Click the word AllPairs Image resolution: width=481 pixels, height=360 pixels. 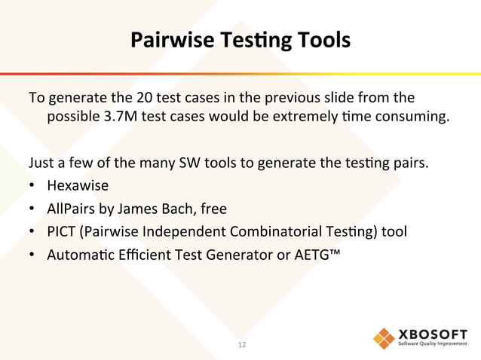point(72,208)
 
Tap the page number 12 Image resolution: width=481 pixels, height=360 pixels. point(242,345)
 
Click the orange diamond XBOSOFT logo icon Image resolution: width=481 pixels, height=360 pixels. point(384,338)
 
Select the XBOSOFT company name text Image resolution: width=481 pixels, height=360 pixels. point(433,334)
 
